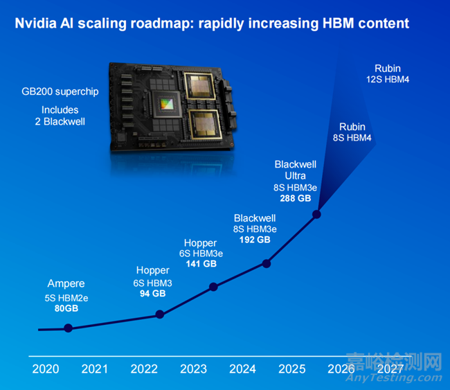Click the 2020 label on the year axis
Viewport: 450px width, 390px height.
[x=46, y=369]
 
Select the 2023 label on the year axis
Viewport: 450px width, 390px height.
[x=193, y=369]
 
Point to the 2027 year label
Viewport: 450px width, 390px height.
[x=391, y=369]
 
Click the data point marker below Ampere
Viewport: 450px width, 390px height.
[x=68, y=328]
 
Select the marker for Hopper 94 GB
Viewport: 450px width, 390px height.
[x=160, y=314]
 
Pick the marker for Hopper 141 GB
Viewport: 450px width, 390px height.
[x=213, y=287]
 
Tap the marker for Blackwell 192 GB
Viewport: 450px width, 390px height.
[x=266, y=263]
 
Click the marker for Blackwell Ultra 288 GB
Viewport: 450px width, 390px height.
[x=317, y=214]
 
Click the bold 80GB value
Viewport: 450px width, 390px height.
[x=66, y=308]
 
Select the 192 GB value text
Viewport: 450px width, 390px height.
[x=255, y=240]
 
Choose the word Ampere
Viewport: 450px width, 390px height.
[x=66, y=284]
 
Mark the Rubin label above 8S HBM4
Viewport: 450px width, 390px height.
[x=352, y=127]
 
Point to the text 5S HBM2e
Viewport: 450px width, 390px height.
[x=66, y=297]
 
